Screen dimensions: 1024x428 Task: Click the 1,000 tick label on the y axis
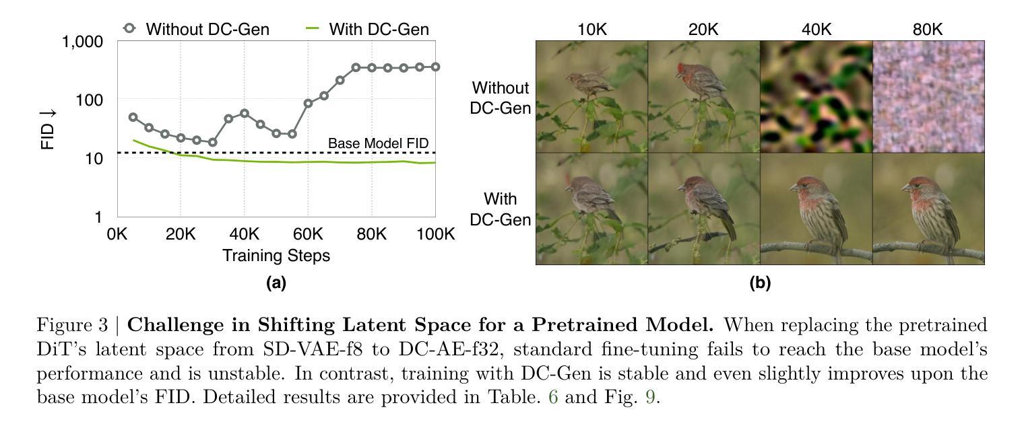(82, 42)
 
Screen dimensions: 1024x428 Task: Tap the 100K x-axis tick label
(436, 234)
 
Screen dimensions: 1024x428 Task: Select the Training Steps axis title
(276, 255)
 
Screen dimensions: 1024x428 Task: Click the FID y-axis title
(48, 129)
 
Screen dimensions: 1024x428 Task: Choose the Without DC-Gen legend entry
(197, 29)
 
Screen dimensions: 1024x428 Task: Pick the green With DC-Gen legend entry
(367, 29)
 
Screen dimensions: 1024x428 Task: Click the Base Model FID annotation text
(379, 143)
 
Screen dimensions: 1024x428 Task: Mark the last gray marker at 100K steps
(436, 67)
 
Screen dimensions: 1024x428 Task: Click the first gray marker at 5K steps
(133, 117)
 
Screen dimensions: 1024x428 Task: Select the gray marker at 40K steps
(245, 113)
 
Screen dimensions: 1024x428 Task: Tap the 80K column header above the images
(928, 30)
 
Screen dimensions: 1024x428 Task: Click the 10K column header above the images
(592, 30)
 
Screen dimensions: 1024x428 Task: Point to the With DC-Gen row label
(500, 209)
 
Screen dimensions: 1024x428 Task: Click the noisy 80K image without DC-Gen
(928, 96)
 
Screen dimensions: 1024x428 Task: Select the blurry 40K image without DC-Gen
(817, 96)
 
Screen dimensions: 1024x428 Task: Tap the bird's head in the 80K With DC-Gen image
(917, 187)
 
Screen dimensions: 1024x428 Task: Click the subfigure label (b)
(760, 283)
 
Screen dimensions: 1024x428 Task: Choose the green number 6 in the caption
(553, 396)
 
